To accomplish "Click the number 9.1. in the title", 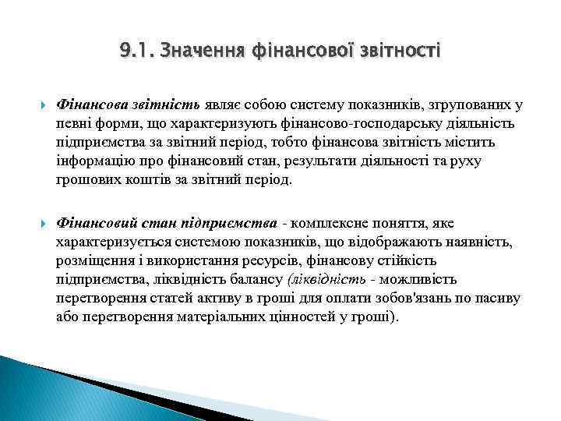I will tap(136, 51).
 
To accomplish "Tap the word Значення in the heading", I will tap(195, 51).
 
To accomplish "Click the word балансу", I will tap(259, 278).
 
